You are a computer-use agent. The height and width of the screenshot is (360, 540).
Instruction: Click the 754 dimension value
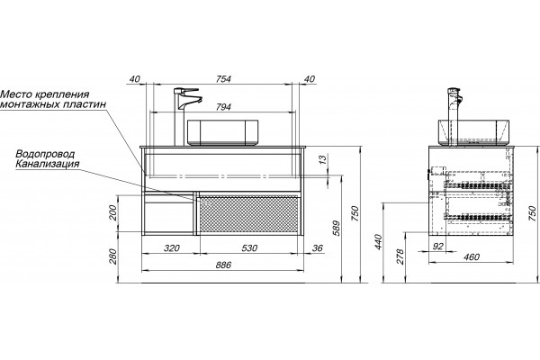[x=223, y=79]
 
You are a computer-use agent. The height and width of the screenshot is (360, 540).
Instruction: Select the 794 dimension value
[x=223, y=107]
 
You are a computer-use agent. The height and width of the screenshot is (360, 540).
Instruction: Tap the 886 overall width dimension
[x=223, y=265]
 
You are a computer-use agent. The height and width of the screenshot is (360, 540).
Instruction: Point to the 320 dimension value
[x=172, y=248]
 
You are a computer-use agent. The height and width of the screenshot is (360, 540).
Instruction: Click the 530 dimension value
[x=249, y=248]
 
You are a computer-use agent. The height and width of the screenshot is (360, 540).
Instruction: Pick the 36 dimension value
[x=318, y=248]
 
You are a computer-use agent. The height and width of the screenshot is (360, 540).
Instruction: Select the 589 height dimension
[x=337, y=228]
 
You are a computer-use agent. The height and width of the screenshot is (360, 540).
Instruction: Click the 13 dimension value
[x=322, y=159]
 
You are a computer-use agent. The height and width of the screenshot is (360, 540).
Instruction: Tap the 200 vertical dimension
[x=113, y=212]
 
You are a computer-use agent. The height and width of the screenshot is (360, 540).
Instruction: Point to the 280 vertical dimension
[x=113, y=256]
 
